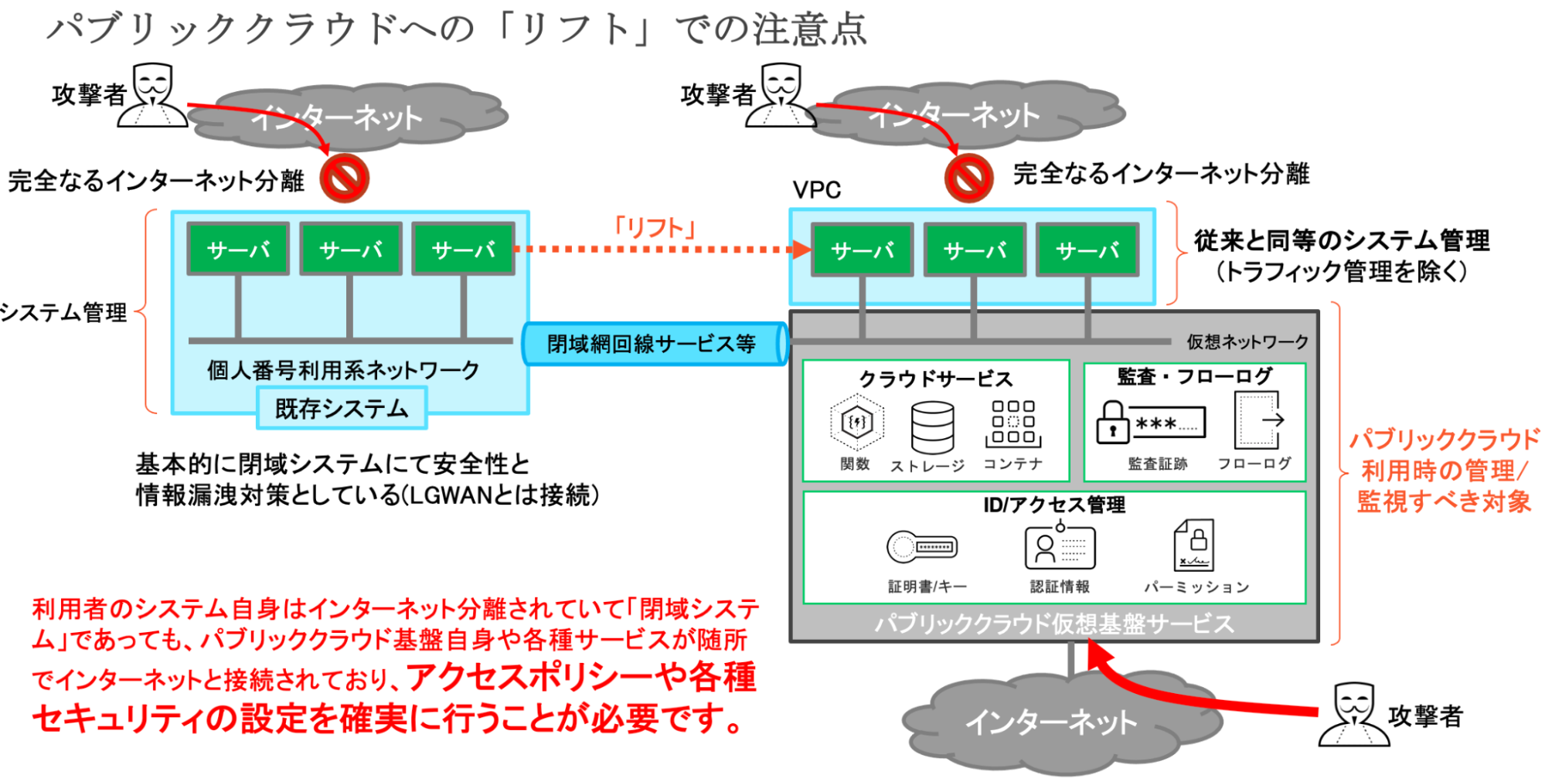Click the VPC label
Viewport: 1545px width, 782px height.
pyautogui.click(x=816, y=190)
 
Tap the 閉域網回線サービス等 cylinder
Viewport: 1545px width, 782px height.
pyautogui.click(x=654, y=344)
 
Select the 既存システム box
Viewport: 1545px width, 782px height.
pyautogui.click(x=342, y=408)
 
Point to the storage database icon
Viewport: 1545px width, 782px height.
pyautogui.click(x=932, y=427)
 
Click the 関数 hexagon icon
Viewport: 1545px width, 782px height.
pyautogui.click(x=856, y=422)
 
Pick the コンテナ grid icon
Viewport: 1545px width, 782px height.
pyautogui.click(x=1012, y=423)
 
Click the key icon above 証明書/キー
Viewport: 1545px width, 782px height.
pyautogui.click(x=922, y=547)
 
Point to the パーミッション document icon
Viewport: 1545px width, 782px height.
pyautogui.click(x=1193, y=545)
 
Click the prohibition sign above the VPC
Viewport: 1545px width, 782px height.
pyautogui.click(x=968, y=178)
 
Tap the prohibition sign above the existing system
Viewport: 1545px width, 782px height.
pyautogui.click(x=345, y=178)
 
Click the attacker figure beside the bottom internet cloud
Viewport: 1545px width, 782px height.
pyautogui.click(x=1353, y=715)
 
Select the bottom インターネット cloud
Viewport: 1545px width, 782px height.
pyautogui.click(x=1051, y=722)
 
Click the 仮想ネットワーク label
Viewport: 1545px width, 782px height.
pyautogui.click(x=1247, y=342)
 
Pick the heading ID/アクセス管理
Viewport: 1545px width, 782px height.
pyautogui.click(x=1054, y=505)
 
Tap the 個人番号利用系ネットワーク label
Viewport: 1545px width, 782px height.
pyautogui.click(x=343, y=370)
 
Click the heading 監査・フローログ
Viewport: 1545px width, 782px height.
pyautogui.click(x=1195, y=376)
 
